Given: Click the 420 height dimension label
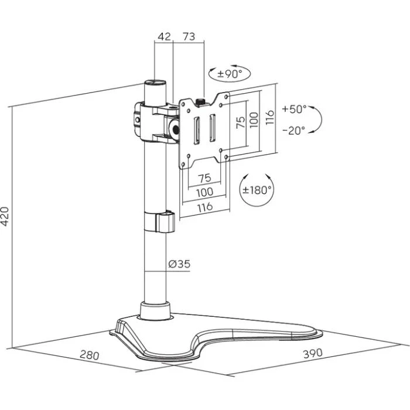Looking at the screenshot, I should (x=6, y=217).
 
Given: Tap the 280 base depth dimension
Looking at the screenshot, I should (x=89, y=356).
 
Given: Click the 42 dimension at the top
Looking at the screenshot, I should (x=164, y=37).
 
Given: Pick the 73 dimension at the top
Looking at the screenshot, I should (x=188, y=37).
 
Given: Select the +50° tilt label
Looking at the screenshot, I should (x=294, y=109).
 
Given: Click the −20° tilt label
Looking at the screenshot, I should (x=293, y=131).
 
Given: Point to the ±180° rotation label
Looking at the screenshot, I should (x=258, y=189).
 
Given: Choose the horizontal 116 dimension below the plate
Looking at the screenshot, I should (x=204, y=207).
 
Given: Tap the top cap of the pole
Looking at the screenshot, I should (x=154, y=83).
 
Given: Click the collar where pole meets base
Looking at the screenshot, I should (x=154, y=310).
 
